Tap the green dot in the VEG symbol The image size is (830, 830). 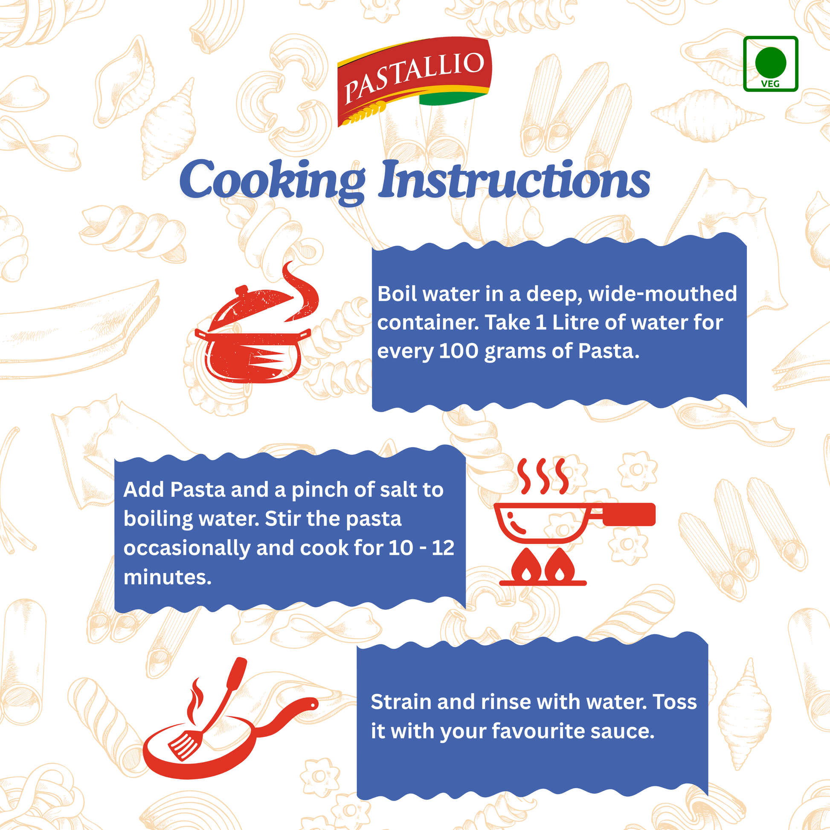pos(771,62)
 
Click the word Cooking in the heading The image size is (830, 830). pos(273,180)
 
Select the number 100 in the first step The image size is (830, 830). pos(459,351)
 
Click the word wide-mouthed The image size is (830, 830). pos(662,294)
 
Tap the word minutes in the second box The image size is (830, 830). pos(168,577)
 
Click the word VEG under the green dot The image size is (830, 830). pos(770,84)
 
